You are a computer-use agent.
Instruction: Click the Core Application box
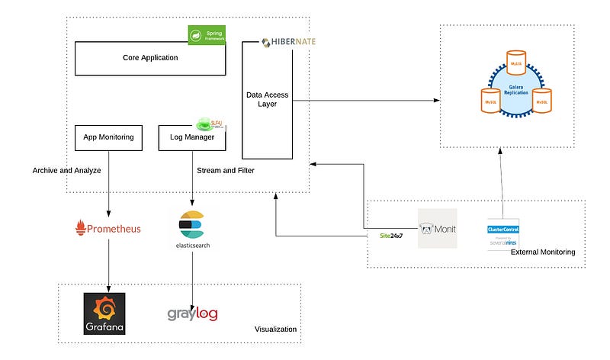pyautogui.click(x=150, y=58)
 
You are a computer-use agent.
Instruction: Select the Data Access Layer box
pyautogui.click(x=267, y=99)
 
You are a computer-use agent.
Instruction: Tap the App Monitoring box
pyautogui.click(x=109, y=137)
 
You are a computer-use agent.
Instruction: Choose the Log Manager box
pyautogui.click(x=191, y=137)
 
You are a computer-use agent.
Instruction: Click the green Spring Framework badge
pyautogui.click(x=207, y=34)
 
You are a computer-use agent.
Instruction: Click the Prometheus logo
pyautogui.click(x=108, y=227)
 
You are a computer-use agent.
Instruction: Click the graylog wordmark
pyautogui.click(x=193, y=313)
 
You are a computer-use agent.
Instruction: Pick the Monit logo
pyautogui.click(x=437, y=228)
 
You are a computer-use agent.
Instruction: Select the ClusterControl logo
pyautogui.click(x=502, y=235)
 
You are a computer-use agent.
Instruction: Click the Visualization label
pyautogui.click(x=275, y=329)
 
